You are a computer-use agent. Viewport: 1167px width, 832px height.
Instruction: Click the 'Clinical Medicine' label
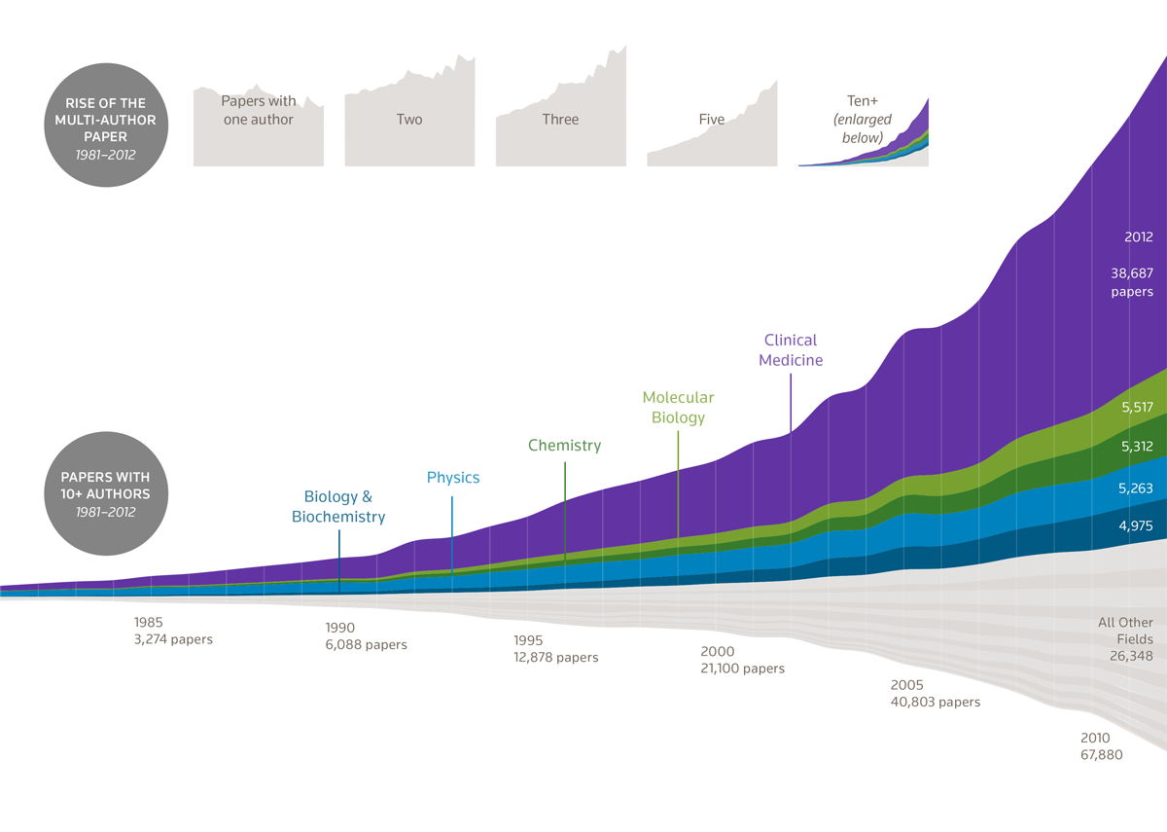pos(791,350)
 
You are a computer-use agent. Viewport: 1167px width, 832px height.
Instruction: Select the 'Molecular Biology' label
pos(678,408)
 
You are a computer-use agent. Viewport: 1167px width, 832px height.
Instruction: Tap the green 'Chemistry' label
pos(564,446)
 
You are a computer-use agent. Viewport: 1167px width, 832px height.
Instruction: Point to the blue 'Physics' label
pos(453,478)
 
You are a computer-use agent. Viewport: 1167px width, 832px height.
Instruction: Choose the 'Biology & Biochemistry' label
pos(338,507)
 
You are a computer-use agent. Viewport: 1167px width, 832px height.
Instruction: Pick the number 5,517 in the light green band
pos(1136,409)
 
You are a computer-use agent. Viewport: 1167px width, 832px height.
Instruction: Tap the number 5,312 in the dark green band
pos(1136,447)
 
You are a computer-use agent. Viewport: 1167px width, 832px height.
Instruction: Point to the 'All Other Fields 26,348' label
pos(1126,639)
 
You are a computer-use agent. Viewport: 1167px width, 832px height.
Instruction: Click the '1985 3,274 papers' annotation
pos(173,631)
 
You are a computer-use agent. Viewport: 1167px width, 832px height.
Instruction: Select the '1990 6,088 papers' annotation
pos(366,636)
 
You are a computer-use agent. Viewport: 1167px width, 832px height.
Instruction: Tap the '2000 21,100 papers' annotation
pos(742,660)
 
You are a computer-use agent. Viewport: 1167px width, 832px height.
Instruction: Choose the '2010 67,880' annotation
pos(1101,746)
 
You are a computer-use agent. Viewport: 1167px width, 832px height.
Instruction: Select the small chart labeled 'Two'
pos(409,119)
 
